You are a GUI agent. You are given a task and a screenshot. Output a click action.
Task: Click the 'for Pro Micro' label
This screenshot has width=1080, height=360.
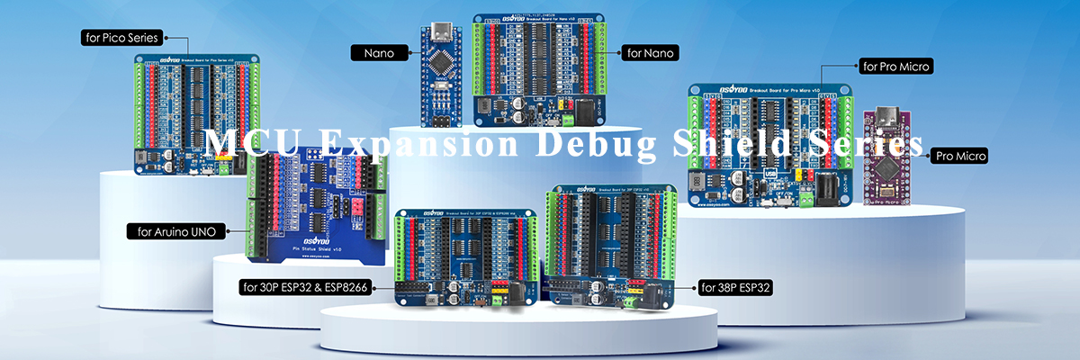895,66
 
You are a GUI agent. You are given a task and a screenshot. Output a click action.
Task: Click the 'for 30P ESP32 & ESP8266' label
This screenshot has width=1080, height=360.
305,288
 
